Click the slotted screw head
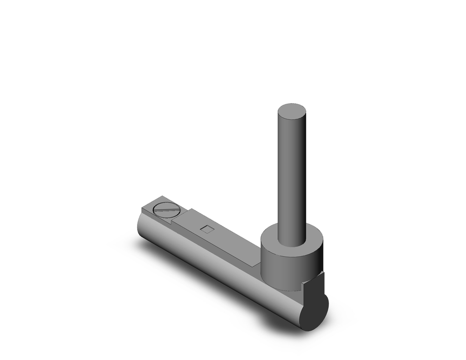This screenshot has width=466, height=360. point(166,209)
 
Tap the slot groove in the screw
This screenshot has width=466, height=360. point(166,209)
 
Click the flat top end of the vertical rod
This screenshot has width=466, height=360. point(292,112)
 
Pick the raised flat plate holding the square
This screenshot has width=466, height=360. point(219,233)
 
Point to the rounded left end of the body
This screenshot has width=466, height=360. point(140,224)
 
